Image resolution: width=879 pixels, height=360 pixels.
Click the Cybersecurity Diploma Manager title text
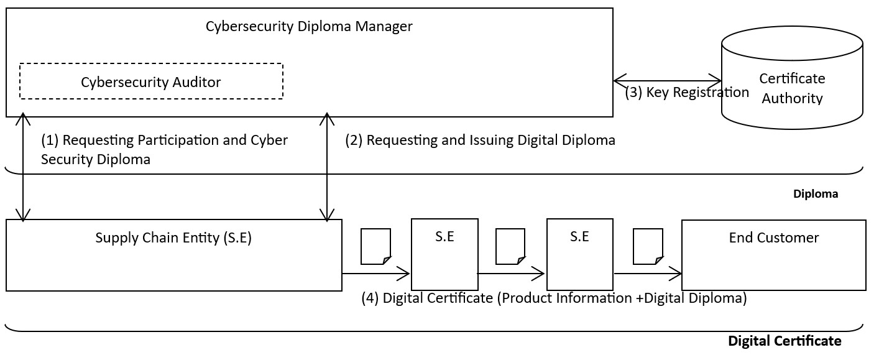point(309,27)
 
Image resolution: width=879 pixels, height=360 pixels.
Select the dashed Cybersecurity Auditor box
point(151,81)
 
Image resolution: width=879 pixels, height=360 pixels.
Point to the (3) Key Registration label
point(686,93)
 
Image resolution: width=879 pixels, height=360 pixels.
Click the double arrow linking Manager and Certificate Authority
point(667,81)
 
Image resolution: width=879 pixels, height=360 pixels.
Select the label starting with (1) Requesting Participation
point(164,149)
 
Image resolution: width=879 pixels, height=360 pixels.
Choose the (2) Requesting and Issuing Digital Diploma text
point(480,141)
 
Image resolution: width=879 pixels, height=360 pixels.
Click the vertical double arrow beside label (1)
point(23,167)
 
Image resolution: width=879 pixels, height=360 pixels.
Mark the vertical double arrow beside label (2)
point(327,167)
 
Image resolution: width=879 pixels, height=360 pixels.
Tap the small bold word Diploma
point(815,194)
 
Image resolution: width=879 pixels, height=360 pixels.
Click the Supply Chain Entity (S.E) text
point(173,238)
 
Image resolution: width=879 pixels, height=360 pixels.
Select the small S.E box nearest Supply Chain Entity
point(444,254)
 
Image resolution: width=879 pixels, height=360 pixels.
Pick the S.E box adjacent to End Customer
point(579,254)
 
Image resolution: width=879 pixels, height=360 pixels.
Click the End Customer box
point(773,254)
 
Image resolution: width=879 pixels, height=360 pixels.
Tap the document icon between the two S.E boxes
point(510,246)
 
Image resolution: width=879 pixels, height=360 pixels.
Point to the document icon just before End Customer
point(648,246)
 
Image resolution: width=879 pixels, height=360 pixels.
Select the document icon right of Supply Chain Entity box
point(376,246)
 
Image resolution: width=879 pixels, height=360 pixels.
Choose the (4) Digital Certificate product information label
point(554,298)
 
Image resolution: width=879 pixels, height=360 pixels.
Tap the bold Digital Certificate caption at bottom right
point(785,341)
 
